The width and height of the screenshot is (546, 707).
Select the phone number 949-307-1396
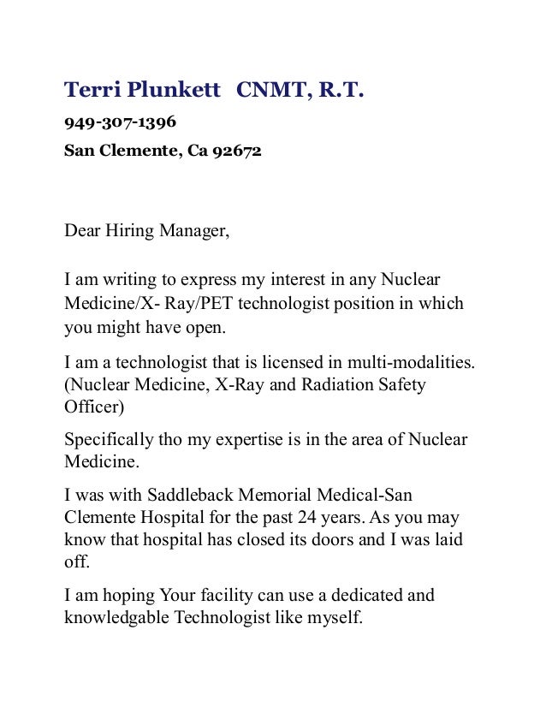tap(121, 123)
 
